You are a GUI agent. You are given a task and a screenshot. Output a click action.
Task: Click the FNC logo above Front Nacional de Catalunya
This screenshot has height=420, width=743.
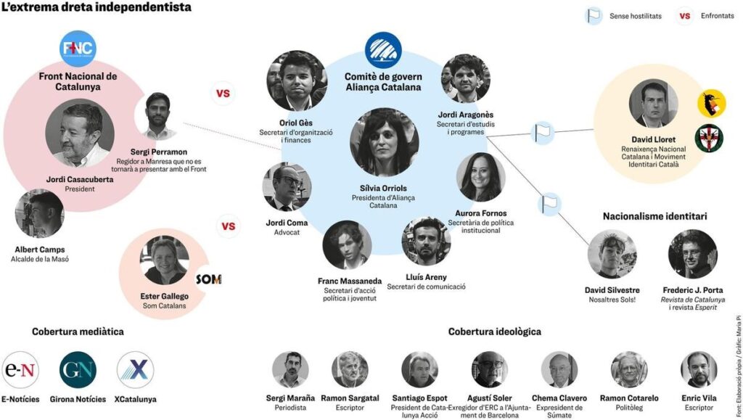78,49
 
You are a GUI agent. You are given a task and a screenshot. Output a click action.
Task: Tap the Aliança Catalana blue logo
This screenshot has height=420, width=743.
383,50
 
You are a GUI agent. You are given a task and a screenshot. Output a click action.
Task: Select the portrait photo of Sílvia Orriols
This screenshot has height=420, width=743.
385,142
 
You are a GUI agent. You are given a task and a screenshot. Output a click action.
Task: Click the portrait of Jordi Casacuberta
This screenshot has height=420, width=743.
80,133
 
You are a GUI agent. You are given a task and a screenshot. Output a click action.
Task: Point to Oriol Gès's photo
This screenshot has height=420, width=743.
297,81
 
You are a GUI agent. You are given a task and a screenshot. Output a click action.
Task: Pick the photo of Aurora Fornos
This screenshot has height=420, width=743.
480,177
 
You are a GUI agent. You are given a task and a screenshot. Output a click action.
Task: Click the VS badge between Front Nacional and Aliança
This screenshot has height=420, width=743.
223,94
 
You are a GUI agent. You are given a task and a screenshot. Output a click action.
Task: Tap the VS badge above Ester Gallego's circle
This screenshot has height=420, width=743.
229,226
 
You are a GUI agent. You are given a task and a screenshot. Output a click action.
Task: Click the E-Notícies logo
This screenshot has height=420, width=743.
20,370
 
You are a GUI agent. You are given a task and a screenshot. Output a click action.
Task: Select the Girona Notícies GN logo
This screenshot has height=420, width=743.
78,370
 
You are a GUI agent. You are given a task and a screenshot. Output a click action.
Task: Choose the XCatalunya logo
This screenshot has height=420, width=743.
136,370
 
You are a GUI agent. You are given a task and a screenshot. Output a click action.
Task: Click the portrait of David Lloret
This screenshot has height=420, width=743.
654,104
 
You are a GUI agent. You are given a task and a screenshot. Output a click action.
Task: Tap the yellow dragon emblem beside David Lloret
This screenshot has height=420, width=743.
712,104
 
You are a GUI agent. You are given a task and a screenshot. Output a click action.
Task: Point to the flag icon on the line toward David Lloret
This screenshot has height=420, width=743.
543,133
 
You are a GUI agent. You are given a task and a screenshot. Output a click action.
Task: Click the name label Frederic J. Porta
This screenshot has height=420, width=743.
693,290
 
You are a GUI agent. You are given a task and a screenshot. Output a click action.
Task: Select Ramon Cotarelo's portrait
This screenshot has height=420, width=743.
629,370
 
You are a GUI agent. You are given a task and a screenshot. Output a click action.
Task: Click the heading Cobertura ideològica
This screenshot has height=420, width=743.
495,332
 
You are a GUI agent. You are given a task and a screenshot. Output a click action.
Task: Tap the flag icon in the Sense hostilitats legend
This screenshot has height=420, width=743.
593,16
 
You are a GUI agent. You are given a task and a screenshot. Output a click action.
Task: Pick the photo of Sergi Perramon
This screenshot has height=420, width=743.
157,117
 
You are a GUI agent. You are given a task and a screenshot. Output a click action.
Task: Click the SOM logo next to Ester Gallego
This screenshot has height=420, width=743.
209,279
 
